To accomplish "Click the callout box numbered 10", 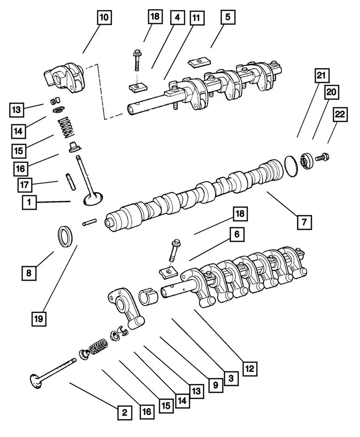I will pos(104,18).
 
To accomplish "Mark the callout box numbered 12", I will pos(249,368).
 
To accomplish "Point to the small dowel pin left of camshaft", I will pos(89,223).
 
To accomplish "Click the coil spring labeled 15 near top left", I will pos(66,126).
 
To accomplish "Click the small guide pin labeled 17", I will pos(70,181).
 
